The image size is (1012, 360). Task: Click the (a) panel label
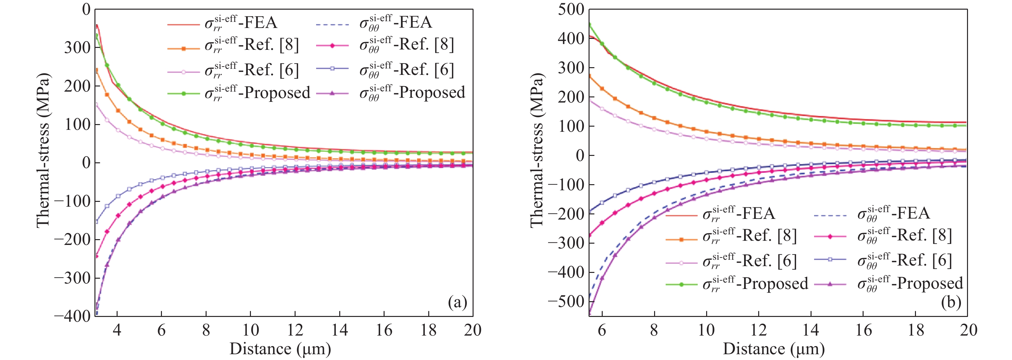(x=457, y=302)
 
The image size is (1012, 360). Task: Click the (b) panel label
(x=951, y=302)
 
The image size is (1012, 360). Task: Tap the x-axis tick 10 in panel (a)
(x=250, y=330)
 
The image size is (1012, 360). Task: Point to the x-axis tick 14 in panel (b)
(x=811, y=330)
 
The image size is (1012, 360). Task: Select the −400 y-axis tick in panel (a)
(x=72, y=316)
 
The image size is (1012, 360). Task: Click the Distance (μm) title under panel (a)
(x=280, y=349)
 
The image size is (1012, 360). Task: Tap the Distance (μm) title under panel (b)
(x=774, y=349)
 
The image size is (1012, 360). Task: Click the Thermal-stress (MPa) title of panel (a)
(x=43, y=149)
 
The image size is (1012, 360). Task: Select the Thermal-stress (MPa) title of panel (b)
(x=537, y=149)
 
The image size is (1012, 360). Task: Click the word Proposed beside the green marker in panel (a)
(x=277, y=93)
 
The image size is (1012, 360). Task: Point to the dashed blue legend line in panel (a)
(x=333, y=24)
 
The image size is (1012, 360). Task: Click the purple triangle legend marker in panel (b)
(x=830, y=283)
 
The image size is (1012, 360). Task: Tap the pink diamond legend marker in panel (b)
(x=830, y=236)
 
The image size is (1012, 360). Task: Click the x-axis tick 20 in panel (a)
(x=472, y=330)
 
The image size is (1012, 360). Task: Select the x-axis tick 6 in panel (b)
(x=602, y=330)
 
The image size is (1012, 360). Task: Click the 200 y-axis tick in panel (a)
(x=77, y=86)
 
